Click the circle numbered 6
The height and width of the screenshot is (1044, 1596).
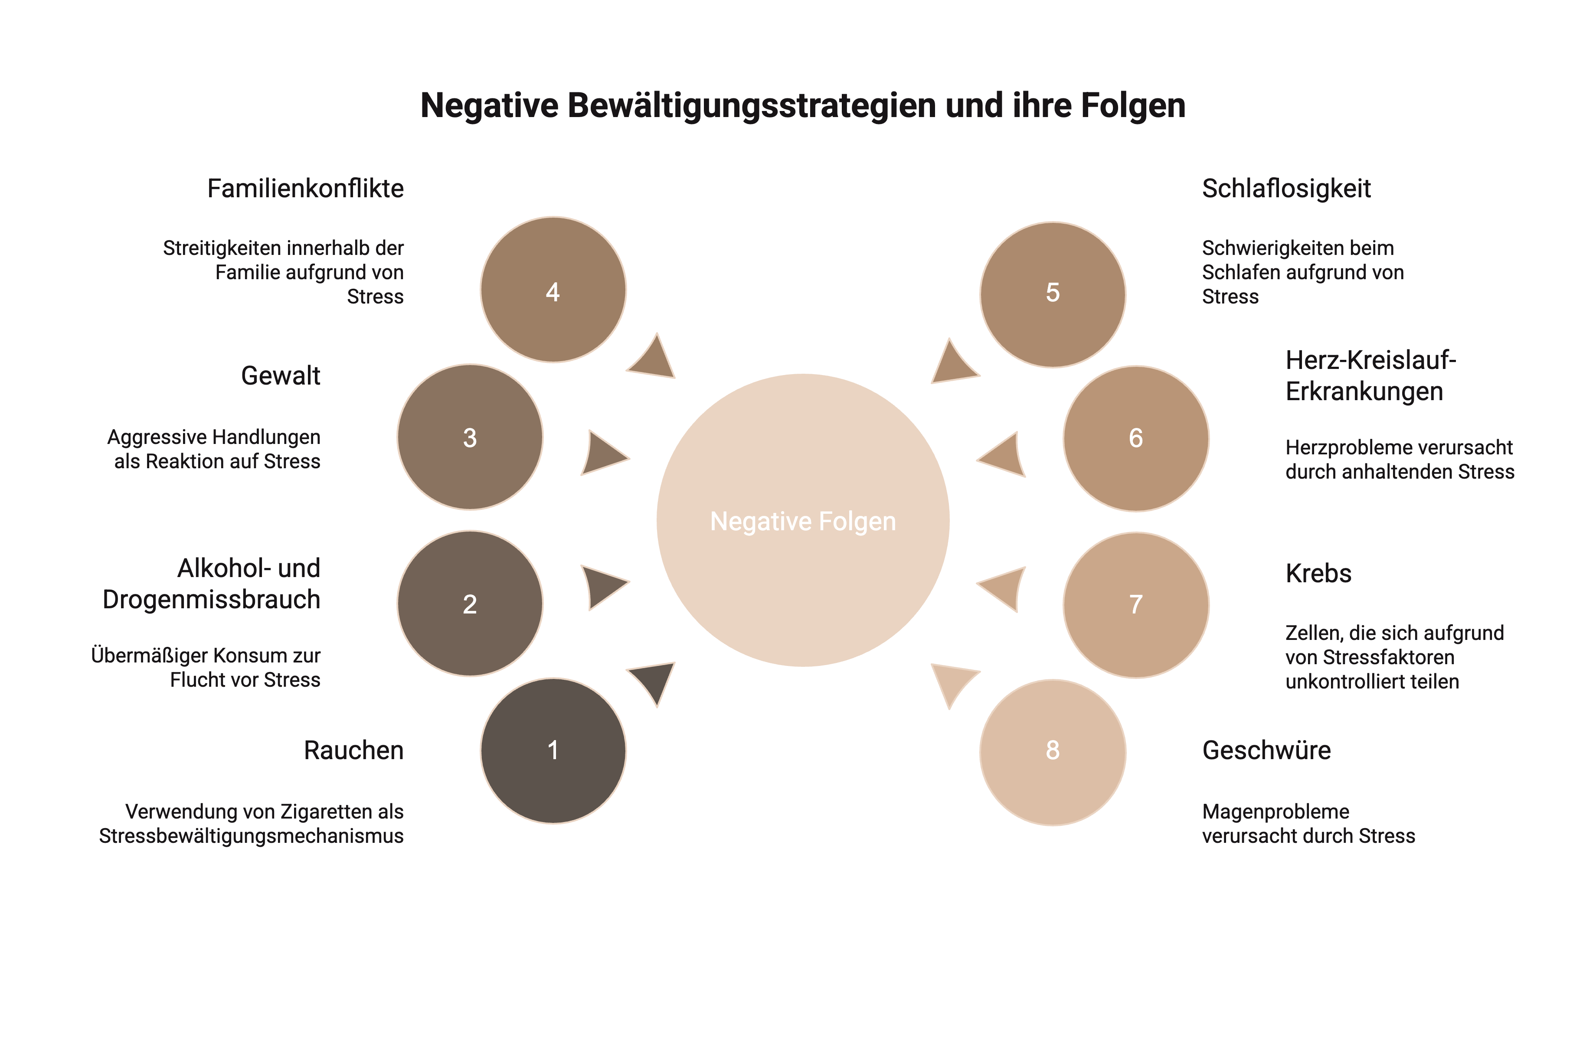pyautogui.click(x=1135, y=438)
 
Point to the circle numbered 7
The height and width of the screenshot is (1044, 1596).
pyautogui.click(x=1135, y=605)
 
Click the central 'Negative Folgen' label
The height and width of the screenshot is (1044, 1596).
pyautogui.click(x=803, y=521)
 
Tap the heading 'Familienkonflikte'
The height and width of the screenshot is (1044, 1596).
pyautogui.click(x=305, y=189)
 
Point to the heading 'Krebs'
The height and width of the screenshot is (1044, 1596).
pyautogui.click(x=1318, y=573)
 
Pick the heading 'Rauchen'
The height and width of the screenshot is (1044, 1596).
pyautogui.click(x=353, y=750)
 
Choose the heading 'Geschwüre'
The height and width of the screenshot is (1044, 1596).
pyautogui.click(x=1266, y=750)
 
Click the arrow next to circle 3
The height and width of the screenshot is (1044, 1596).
pyautogui.click(x=602, y=454)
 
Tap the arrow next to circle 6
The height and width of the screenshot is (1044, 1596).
pyautogui.click(x=1004, y=455)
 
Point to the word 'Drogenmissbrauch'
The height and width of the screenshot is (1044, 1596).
pyautogui.click(x=211, y=599)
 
